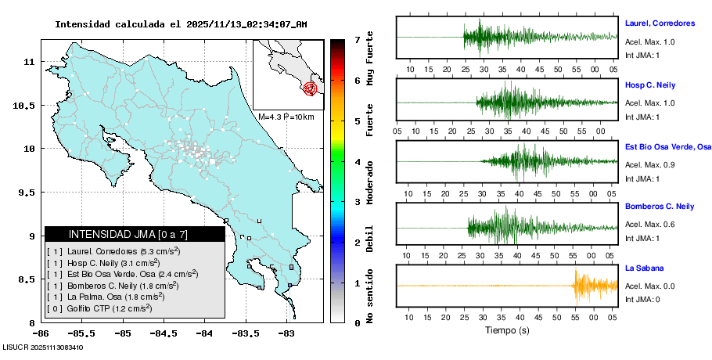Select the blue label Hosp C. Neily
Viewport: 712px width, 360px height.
tap(650, 85)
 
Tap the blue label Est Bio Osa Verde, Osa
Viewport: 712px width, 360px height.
tap(667, 146)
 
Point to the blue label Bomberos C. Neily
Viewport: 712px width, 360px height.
tap(660, 207)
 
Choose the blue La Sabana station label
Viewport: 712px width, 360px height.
tap(645, 268)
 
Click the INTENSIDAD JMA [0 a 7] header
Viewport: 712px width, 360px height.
tap(135, 234)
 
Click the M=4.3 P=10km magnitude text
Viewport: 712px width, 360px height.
tap(286, 117)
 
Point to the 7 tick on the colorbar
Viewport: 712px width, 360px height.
tap(357, 39)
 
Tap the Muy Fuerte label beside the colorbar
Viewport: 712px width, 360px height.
tap(370, 61)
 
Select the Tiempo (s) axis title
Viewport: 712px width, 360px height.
tap(506, 330)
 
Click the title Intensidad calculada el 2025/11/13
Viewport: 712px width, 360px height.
tap(181, 24)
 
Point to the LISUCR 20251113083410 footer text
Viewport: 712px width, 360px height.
tap(42, 347)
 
